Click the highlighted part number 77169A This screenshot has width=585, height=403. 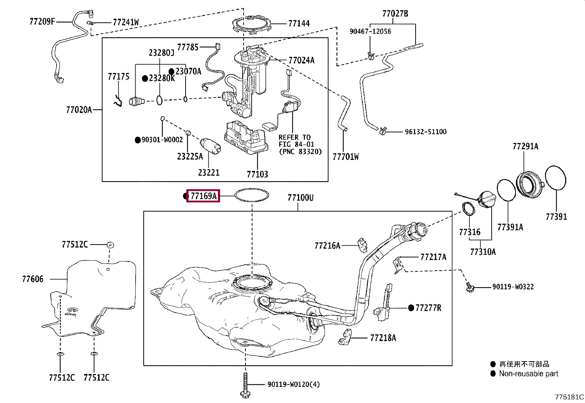point(204,196)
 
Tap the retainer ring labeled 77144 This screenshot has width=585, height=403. point(251,18)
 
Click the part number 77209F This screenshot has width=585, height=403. point(42,21)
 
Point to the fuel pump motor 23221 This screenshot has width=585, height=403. point(210,146)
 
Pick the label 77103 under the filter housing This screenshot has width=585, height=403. point(258,174)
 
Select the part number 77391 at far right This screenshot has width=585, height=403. point(556,217)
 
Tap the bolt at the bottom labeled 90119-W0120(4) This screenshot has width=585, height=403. point(245,385)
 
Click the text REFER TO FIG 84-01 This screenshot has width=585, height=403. point(296,141)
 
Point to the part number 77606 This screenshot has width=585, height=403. point(33,279)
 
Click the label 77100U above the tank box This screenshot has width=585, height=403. point(300,198)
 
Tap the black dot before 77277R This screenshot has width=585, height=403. point(411,308)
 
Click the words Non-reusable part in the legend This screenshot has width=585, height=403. point(528,374)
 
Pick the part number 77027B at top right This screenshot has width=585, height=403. point(395,13)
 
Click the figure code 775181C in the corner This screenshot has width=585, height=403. point(569,397)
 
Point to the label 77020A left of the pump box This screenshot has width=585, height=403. point(79,110)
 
